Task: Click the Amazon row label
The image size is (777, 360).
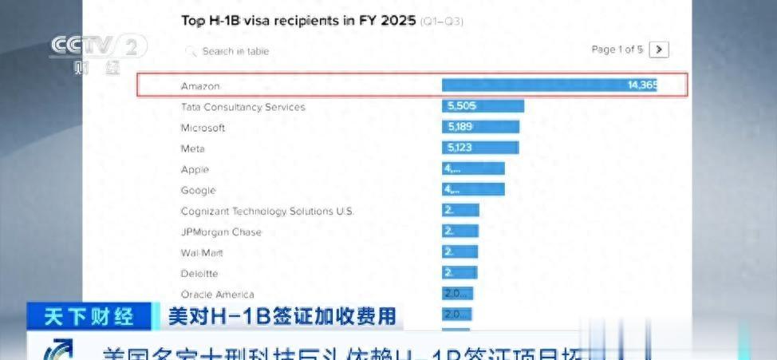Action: [x=200, y=86]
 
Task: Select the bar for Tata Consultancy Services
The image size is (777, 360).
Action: [x=483, y=106]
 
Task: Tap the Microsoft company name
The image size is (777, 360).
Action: [x=203, y=128]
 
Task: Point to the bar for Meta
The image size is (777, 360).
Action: [x=480, y=148]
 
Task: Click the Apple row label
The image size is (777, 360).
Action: [x=195, y=169]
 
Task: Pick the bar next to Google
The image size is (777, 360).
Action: [x=473, y=190]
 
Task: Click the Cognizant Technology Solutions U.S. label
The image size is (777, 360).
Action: [x=267, y=212]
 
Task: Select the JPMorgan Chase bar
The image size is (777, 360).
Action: [x=460, y=231]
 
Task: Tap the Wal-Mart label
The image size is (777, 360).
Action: [x=203, y=253]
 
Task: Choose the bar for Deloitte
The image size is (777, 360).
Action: [x=459, y=273]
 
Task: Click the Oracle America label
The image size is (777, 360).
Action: [x=218, y=295]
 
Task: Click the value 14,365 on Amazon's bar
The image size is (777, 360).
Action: [x=642, y=85]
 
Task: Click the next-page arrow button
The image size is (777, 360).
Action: [x=659, y=49]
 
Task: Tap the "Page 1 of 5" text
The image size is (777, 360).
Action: [x=617, y=49]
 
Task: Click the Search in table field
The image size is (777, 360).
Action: [x=235, y=51]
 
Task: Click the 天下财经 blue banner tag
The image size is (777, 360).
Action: [x=89, y=316]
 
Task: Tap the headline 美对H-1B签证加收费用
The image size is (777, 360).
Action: [x=281, y=316]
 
